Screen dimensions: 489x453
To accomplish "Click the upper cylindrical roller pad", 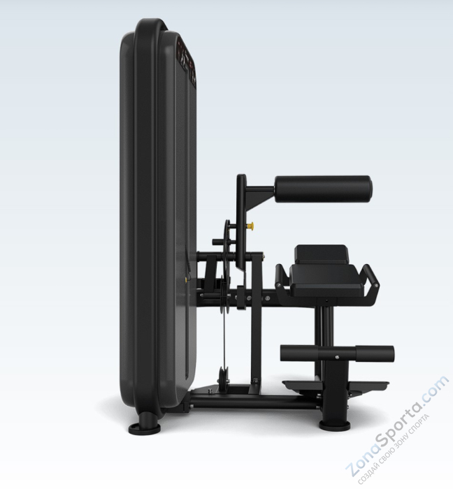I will (x=323, y=187).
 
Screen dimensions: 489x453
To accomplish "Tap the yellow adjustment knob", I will (x=250, y=228).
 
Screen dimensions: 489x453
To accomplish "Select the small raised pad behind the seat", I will (x=321, y=254).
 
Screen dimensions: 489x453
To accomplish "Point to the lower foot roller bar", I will (x=337, y=353).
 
